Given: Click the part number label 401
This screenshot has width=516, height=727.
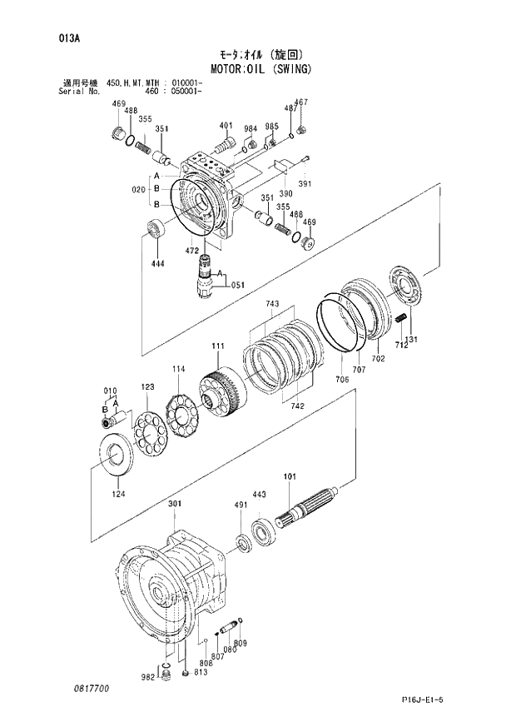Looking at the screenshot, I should (x=226, y=126).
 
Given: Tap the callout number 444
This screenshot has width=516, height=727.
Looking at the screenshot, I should (x=158, y=264).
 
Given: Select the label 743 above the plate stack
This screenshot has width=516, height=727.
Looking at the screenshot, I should (x=272, y=305).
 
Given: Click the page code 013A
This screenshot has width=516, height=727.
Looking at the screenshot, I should (x=69, y=37).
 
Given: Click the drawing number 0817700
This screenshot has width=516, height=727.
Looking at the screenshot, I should (x=90, y=690).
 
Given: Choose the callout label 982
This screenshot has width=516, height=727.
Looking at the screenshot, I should (x=148, y=679).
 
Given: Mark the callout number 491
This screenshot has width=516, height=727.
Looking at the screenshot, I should (x=241, y=505).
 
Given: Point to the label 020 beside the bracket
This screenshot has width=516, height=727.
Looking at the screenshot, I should (x=138, y=189).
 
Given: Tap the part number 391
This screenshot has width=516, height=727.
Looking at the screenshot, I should (x=305, y=184).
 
